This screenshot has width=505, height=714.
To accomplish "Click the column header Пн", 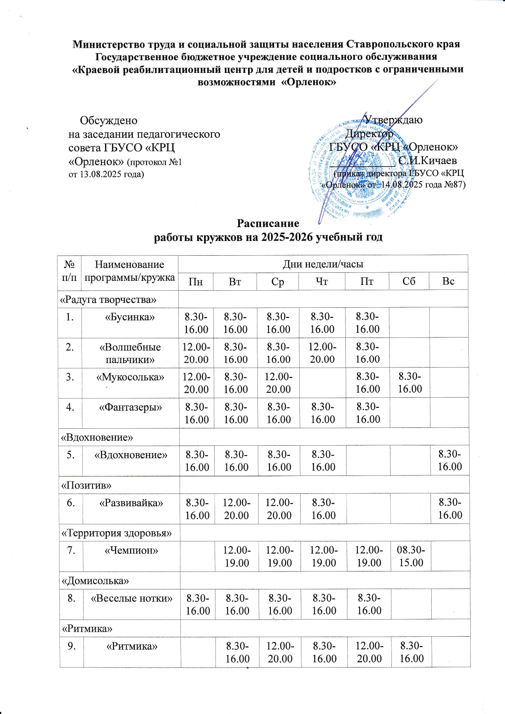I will [196, 282].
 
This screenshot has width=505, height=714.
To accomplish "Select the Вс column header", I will [448, 282].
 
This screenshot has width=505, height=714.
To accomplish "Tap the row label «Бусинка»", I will [130, 317].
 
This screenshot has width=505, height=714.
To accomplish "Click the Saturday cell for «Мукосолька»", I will [410, 383].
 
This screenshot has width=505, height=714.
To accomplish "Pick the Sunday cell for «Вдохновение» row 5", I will [450, 460].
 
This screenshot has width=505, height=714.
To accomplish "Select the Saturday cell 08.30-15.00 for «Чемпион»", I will [411, 556].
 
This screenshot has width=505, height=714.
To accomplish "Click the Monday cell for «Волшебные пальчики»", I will [196, 353].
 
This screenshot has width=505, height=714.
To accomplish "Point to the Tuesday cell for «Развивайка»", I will [237, 509].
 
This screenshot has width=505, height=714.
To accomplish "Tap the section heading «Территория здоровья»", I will [116, 533].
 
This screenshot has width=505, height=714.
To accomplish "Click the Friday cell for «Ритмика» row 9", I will [369, 652].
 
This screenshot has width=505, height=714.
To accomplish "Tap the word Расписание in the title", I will [268, 223].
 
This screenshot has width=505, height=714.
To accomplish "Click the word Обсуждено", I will [108, 121].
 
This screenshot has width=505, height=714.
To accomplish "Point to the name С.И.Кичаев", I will [428, 160].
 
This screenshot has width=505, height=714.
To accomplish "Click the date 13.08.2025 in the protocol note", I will [98, 174].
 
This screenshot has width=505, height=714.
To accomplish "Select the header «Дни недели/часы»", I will [323, 264].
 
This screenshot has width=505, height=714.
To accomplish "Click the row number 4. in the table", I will [70, 407].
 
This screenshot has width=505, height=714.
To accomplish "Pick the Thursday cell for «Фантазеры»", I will [323, 413].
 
